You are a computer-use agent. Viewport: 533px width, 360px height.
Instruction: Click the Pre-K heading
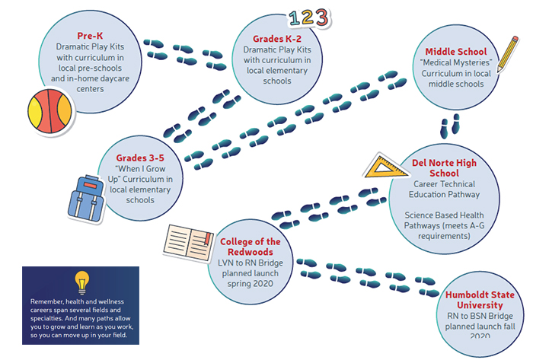[91, 36]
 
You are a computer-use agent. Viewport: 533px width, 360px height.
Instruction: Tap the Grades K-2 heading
[277, 37]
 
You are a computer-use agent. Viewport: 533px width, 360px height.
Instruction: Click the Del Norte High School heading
[443, 168]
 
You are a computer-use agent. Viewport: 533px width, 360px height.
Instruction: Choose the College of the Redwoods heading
[251, 247]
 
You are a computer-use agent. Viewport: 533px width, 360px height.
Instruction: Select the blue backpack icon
[85, 196]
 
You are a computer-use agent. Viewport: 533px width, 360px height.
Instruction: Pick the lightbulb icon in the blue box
[80, 282]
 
